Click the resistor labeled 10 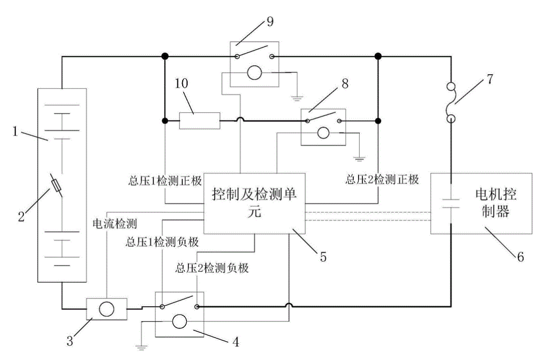click(199, 121)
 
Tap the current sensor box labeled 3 click(106, 308)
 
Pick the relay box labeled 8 click(323, 127)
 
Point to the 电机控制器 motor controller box click(480, 203)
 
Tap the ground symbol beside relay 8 click(359, 156)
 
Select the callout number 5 click(323, 257)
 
